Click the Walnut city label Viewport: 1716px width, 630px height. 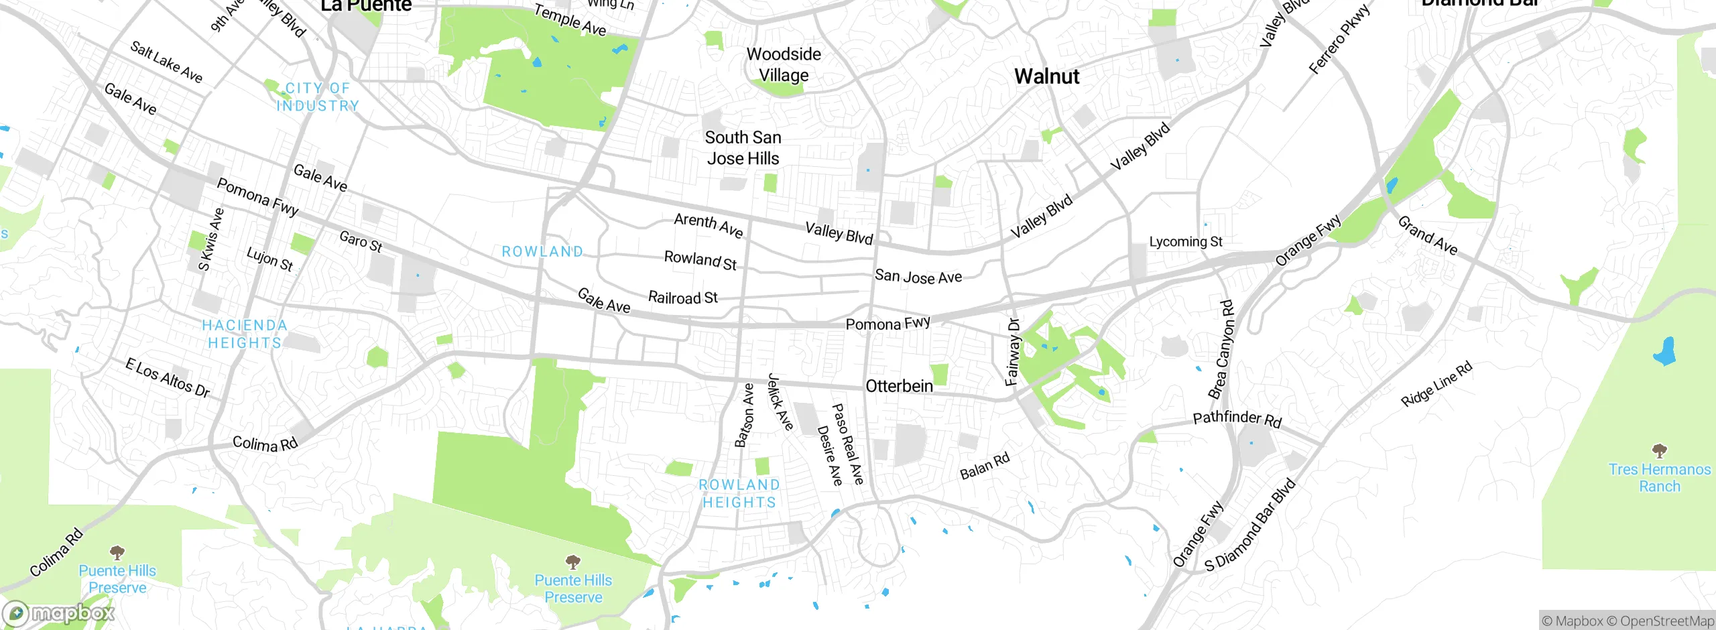[1046, 76]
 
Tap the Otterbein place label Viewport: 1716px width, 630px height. [899, 386]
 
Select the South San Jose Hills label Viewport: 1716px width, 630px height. [743, 148]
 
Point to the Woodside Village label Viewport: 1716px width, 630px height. [784, 64]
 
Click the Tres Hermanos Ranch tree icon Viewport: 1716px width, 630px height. [1659, 450]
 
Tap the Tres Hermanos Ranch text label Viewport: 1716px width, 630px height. [1659, 478]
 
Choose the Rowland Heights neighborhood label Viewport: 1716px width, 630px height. [739, 493]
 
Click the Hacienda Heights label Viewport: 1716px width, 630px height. [244, 334]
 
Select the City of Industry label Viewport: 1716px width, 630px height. [318, 97]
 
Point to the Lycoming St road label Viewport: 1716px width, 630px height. [1185, 241]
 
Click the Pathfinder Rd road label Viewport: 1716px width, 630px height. [1237, 419]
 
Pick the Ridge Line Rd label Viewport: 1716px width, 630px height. [1436, 383]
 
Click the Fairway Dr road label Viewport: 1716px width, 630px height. [1013, 352]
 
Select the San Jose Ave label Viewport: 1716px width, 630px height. [918, 276]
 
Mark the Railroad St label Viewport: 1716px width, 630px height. [682, 298]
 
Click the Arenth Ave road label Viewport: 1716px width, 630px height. [709, 225]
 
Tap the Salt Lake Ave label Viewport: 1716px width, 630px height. [166, 62]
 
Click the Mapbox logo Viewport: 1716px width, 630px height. [59, 613]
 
